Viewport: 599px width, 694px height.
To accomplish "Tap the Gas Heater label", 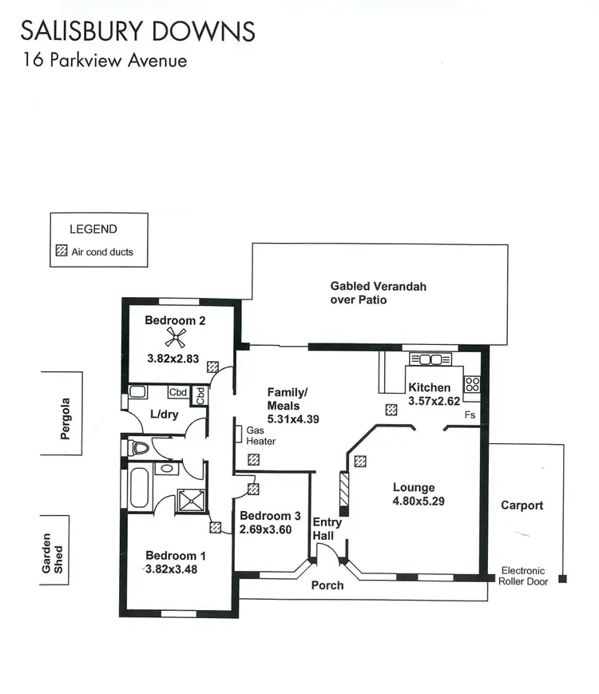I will click(260, 435).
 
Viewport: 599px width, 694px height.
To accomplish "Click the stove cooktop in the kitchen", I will click(472, 384).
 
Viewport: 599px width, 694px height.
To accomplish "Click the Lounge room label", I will click(414, 487).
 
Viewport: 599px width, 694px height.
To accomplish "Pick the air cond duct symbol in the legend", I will click(61, 252).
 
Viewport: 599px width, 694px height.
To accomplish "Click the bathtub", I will click(138, 486).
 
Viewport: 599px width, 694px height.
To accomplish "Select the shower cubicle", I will click(190, 500).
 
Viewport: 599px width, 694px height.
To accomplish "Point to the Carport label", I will click(522, 505).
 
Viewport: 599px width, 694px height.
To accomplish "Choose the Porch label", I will click(327, 585).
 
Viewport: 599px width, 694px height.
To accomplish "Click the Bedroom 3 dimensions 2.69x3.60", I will click(270, 528).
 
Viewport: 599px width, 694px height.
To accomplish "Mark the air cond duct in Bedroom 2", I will click(212, 367).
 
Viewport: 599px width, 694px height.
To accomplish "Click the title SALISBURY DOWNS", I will click(137, 31).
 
